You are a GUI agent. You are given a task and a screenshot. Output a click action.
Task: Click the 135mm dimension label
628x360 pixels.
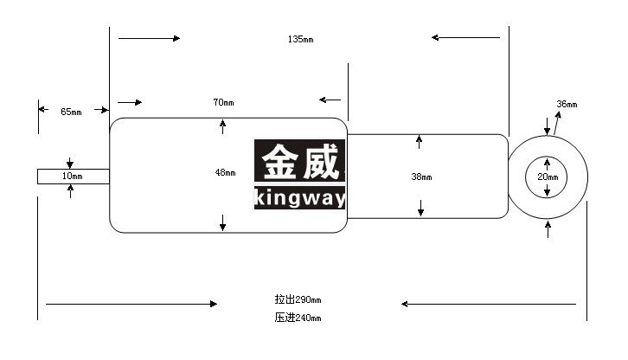[300, 39]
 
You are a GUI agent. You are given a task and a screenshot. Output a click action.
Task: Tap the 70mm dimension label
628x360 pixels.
[223, 103]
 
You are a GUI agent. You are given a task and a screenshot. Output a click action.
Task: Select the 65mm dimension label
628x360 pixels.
[71, 112]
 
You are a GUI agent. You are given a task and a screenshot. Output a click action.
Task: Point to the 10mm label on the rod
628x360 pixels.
[72, 176]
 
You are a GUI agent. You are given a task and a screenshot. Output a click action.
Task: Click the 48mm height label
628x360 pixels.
[225, 173]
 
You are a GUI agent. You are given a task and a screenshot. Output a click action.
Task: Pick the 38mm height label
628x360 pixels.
[421, 177]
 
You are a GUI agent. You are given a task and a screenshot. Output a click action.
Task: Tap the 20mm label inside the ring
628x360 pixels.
[548, 177]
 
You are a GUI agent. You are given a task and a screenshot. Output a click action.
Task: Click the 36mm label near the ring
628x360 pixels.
[567, 104]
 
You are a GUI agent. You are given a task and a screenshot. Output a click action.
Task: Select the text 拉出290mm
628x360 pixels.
[298, 299]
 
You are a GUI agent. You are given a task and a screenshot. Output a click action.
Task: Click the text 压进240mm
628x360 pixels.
[298, 318]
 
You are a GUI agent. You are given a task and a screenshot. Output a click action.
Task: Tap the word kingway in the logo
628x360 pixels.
[299, 198]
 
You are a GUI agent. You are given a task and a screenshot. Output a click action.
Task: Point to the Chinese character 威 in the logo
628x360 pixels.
[321, 162]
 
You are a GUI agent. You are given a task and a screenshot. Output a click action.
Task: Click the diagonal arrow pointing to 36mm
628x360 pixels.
[557, 123]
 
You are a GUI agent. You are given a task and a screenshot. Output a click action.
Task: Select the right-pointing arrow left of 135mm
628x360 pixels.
[149, 38]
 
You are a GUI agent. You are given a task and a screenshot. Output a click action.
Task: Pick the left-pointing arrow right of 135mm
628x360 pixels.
[465, 38]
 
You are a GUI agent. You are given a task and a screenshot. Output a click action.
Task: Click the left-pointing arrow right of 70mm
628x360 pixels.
[330, 100]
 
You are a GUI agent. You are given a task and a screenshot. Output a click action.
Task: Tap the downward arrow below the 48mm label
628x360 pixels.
[222, 222]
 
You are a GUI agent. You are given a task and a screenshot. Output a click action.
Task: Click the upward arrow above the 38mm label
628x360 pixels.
[419, 142]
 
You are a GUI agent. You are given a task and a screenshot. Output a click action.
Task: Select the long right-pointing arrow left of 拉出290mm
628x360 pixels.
[131, 304]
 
